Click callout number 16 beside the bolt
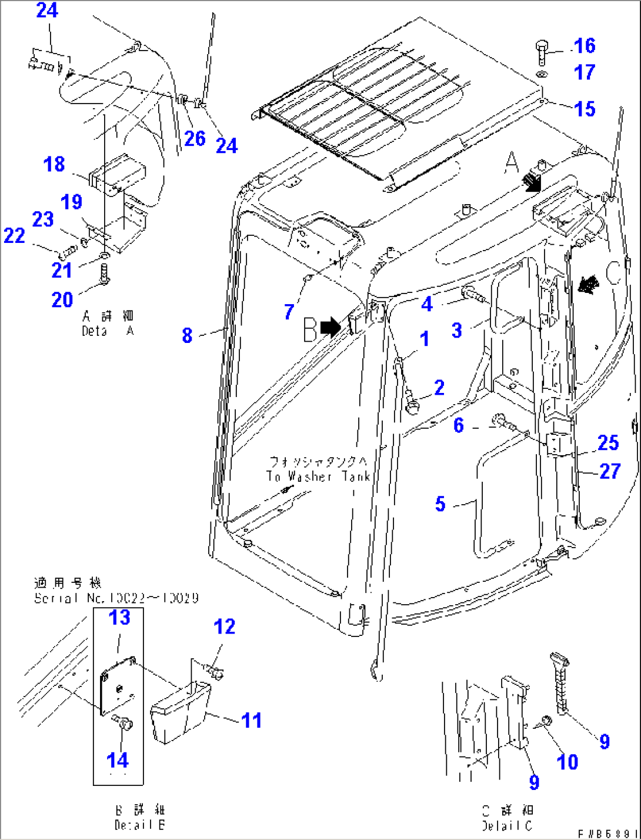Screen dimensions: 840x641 (x=584, y=46)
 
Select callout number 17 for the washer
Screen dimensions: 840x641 (x=584, y=72)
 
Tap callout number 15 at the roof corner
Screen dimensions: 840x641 (x=584, y=109)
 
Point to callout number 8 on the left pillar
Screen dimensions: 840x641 (x=187, y=335)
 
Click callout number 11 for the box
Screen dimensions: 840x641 (x=252, y=720)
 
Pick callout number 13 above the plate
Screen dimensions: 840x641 (x=119, y=618)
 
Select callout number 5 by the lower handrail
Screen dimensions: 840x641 (x=440, y=504)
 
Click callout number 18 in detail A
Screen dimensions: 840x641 (x=54, y=164)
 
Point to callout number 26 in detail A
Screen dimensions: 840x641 (x=195, y=139)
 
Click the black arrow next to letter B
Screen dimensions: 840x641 (x=330, y=327)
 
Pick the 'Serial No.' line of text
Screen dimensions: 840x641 (x=116, y=598)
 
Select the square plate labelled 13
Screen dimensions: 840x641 (x=118, y=686)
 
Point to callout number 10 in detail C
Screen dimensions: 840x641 (x=567, y=762)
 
